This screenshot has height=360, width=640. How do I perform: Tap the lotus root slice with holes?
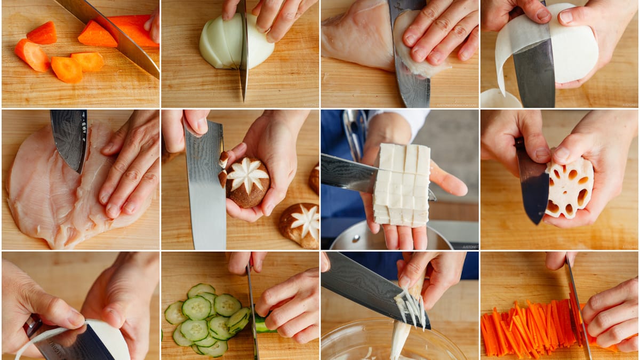click(x=569, y=188)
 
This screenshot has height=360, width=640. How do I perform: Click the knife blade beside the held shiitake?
click(x=205, y=187)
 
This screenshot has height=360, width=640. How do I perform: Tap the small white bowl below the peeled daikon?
click(x=500, y=99)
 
